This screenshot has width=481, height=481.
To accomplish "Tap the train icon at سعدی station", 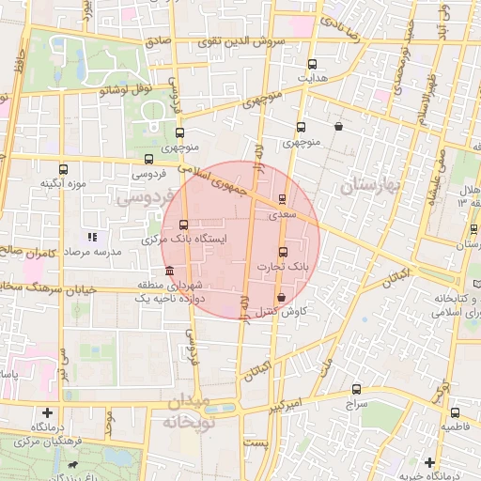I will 283,199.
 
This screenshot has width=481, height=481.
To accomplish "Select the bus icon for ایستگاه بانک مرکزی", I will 182,225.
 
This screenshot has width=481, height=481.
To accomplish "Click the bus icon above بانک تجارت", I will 283,252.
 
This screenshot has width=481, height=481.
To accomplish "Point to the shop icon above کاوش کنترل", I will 281,297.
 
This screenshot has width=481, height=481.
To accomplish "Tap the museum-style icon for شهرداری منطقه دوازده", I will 168,272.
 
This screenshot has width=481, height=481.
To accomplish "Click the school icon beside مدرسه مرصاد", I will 92,237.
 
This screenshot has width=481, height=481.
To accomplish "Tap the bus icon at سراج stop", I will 356,388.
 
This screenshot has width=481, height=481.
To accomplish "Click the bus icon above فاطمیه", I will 455,412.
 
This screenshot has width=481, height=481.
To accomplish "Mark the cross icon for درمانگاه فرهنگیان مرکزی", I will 47,411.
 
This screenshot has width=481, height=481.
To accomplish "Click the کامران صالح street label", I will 23,252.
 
